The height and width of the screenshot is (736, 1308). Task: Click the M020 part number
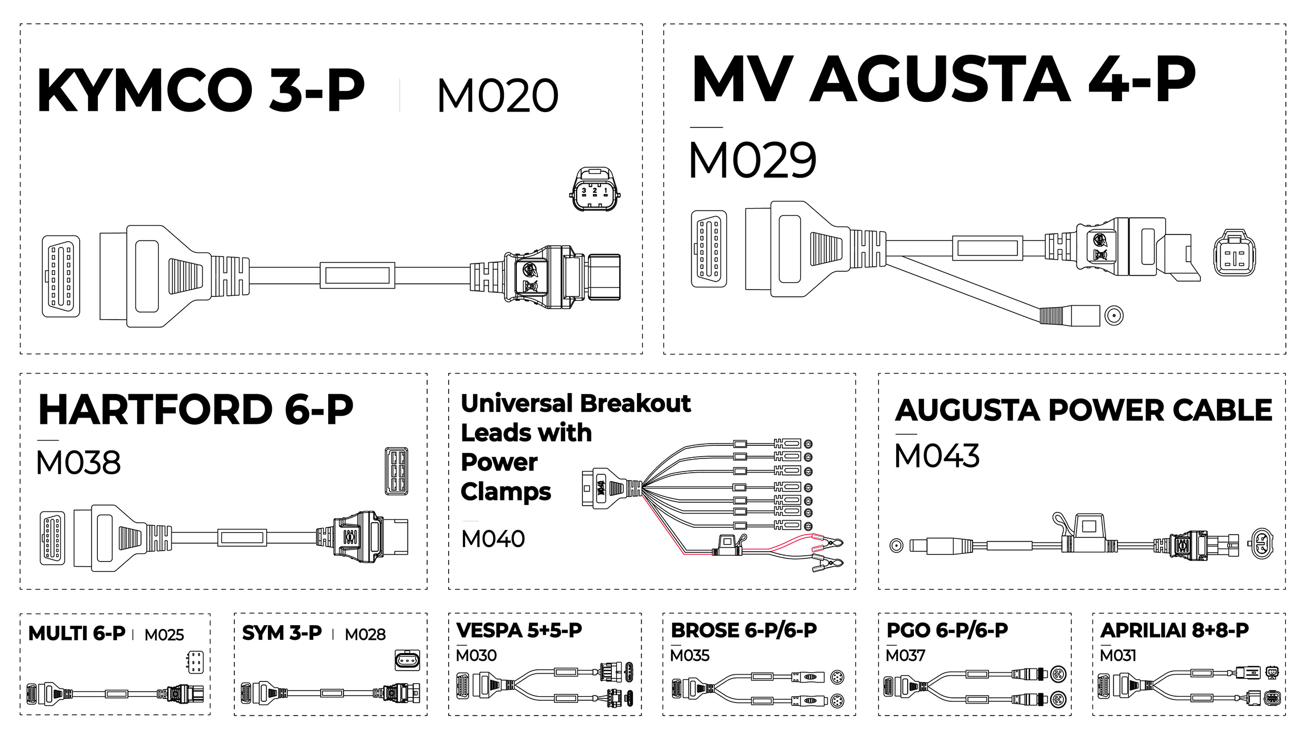pos(498,96)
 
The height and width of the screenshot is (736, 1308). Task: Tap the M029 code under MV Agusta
pos(752,160)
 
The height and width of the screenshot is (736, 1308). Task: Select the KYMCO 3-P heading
pos(200,90)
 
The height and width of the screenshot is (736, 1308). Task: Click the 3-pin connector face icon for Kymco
pos(594,189)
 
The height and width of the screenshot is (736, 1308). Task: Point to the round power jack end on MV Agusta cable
pos(1114,315)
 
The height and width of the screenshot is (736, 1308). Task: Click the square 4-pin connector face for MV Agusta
pos(1235,253)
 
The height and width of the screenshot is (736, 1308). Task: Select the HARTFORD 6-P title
pos(196,410)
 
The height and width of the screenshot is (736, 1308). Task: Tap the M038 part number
pos(78,462)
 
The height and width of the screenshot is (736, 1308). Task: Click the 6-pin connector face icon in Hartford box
pos(396,471)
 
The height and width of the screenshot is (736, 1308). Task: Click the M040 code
pos(492,539)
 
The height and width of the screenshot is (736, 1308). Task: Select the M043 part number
pos(937,456)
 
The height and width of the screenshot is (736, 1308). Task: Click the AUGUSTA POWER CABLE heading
pos(1083,410)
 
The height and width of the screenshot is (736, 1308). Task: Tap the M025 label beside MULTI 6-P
pos(164,635)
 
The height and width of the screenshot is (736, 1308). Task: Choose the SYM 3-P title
pos(282,633)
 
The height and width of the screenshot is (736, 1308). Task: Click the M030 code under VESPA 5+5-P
pos(476,656)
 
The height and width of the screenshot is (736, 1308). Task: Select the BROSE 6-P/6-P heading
pos(744,630)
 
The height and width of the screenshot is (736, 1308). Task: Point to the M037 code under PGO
pos(905,656)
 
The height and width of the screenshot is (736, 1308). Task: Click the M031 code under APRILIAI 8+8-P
pos(1117,656)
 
